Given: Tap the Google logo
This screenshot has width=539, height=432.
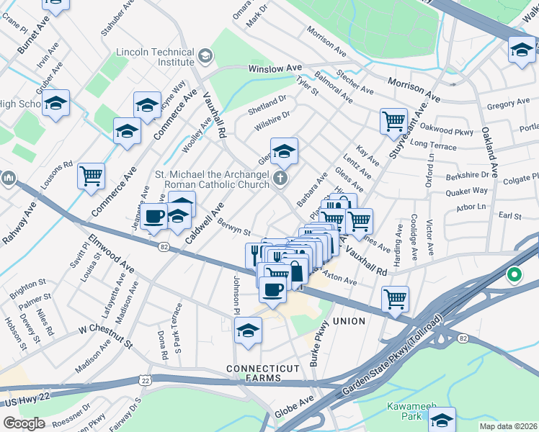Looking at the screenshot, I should (x=24, y=423).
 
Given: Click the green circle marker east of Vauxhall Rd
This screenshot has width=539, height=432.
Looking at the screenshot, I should (x=514, y=274).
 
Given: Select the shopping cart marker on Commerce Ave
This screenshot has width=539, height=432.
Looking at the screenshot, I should (x=92, y=175).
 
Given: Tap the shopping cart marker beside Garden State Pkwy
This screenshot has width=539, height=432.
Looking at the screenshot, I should (x=396, y=298).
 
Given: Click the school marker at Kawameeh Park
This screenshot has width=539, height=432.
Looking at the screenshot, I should (x=442, y=419).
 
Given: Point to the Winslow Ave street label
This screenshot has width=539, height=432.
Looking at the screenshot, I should (x=275, y=68).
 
